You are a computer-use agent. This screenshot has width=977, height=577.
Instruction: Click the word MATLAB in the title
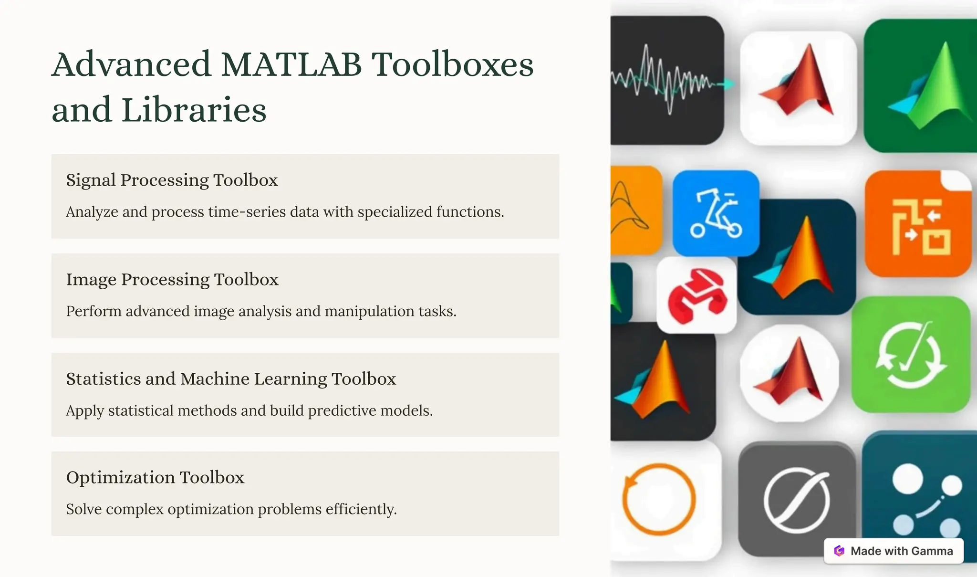click(x=291, y=65)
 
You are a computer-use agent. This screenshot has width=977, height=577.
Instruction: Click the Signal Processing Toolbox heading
click(x=172, y=180)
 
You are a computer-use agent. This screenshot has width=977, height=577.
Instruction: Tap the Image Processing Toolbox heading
click(x=172, y=280)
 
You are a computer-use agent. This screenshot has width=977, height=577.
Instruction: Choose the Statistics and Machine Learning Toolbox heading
click(x=231, y=379)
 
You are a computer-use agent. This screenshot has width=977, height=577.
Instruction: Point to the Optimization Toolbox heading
click(x=155, y=478)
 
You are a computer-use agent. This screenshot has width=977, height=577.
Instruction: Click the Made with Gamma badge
click(x=894, y=551)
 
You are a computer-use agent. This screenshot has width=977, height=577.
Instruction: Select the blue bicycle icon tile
click(x=716, y=213)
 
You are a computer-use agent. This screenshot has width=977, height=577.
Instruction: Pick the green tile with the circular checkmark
click(x=911, y=355)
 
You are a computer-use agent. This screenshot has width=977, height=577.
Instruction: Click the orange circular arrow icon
click(x=659, y=499)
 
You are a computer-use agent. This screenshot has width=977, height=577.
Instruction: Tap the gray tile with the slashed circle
click(x=796, y=499)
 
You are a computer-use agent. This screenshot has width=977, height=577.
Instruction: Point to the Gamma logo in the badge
click(x=839, y=551)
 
